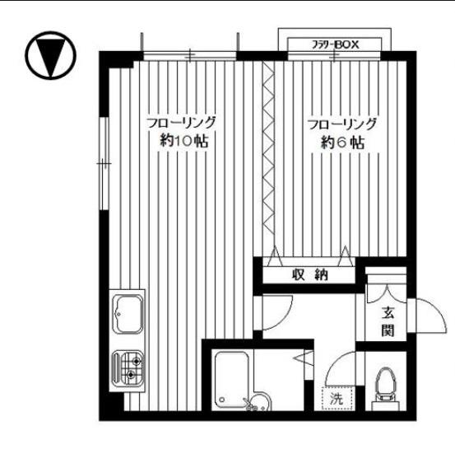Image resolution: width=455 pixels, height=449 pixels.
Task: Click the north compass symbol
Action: click(50, 55)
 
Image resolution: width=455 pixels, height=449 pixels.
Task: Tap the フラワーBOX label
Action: click(336, 44)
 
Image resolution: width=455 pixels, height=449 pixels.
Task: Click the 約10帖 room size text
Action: click(184, 141)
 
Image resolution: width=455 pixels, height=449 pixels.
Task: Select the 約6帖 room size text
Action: click(343, 143)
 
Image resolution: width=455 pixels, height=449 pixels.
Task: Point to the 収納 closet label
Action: click(310, 274)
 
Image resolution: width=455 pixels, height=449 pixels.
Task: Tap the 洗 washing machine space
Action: click(337, 399)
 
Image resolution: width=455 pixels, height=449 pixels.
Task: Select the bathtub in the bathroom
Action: click(231, 381)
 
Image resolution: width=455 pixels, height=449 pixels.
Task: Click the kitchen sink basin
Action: click(128, 314)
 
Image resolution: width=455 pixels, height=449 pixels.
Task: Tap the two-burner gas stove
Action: click(128, 368)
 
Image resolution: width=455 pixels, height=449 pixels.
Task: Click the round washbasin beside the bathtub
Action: click(258, 403)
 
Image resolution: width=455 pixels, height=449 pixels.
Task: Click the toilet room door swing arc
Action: click(337, 363)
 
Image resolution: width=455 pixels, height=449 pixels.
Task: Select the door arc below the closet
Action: click(285, 316)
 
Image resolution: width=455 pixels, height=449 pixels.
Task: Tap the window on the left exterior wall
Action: click(104, 163)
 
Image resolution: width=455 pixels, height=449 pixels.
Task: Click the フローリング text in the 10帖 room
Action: click(182, 123)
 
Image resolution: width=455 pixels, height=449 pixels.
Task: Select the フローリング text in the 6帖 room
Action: click(342, 124)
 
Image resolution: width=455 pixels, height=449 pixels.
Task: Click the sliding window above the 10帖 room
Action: click(190, 55)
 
